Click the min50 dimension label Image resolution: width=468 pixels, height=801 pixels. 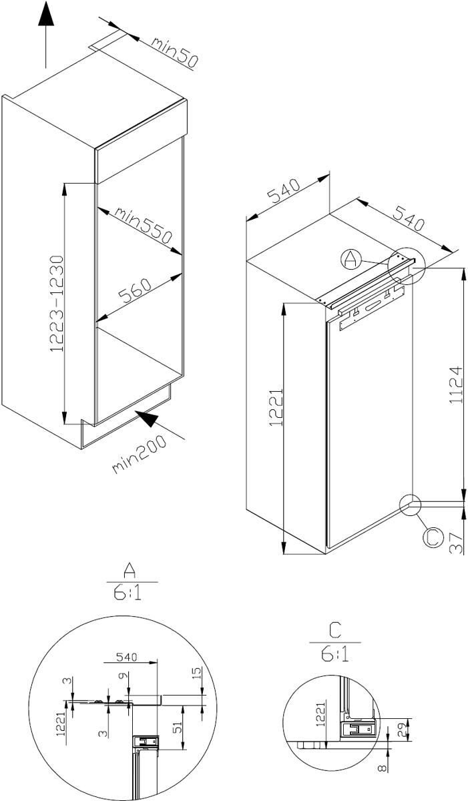(x=174, y=52)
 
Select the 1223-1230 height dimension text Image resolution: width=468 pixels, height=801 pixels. (x=57, y=304)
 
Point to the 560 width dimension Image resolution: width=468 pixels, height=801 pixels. (x=135, y=291)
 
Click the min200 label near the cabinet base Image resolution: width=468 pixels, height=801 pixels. (x=140, y=454)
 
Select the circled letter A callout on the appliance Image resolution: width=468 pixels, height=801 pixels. (x=350, y=260)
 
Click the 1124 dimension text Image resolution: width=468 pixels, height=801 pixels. (x=456, y=384)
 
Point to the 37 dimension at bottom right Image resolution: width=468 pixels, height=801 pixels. (x=456, y=543)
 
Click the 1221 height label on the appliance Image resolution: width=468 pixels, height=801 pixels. (x=276, y=407)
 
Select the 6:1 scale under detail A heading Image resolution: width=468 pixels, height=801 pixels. (x=128, y=593)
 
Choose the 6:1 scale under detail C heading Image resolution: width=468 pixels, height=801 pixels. (x=334, y=653)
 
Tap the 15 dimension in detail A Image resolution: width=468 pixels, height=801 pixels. (x=198, y=674)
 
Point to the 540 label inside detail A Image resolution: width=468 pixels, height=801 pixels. (x=127, y=657)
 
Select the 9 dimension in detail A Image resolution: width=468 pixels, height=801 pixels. (x=122, y=676)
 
